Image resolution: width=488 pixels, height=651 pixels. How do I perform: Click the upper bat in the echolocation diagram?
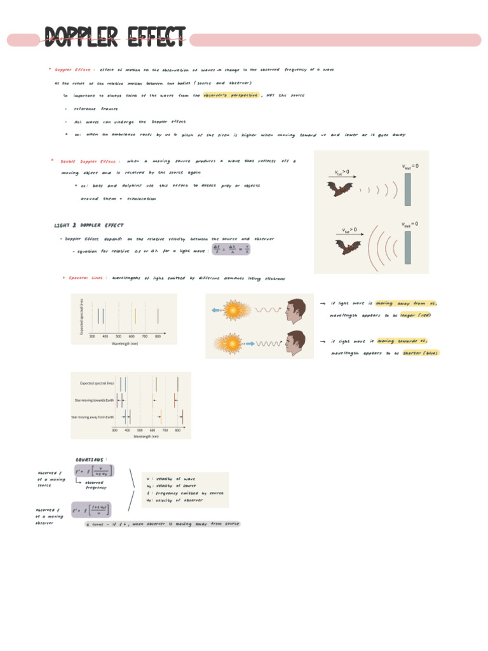tap(339, 188)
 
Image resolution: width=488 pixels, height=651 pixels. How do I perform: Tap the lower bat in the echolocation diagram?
tap(348, 247)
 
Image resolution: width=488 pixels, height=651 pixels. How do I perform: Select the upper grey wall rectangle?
tap(408, 188)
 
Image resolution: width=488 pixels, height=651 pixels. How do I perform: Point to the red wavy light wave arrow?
tap(268, 310)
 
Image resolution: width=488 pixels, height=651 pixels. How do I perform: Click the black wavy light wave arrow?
tap(268, 343)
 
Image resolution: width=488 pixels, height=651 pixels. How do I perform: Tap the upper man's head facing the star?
tap(295, 310)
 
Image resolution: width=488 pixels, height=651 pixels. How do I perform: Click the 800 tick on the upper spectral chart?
tap(158, 336)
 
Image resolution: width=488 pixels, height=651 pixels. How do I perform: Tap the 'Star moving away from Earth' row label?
tap(93, 416)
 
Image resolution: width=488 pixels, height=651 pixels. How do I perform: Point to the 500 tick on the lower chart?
tap(140, 430)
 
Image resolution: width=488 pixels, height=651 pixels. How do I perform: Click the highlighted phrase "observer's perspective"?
tap(231, 95)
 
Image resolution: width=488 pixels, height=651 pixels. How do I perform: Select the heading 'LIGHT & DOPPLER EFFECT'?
tap(89, 225)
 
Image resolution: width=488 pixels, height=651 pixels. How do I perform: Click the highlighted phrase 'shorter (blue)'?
tap(420, 353)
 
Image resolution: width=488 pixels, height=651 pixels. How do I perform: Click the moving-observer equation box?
tap(93, 509)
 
